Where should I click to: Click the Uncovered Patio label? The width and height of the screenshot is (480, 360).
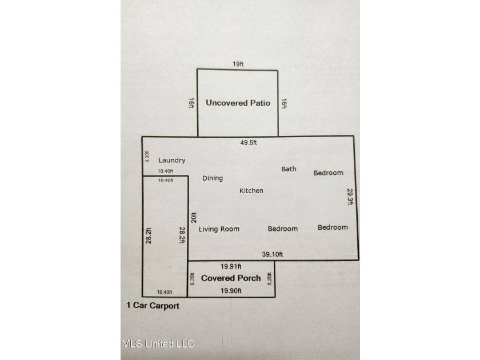[x=238, y=103]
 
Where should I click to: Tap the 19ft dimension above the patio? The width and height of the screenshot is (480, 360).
[x=238, y=64]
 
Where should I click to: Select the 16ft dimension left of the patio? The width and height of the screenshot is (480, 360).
[x=191, y=103]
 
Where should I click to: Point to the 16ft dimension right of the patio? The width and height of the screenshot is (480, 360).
[x=284, y=103]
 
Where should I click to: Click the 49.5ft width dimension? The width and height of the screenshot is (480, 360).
[x=248, y=142]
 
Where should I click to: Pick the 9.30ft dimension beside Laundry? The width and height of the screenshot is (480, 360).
[x=147, y=157]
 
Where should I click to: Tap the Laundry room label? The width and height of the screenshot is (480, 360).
[x=172, y=160]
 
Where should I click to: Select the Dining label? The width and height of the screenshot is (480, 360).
[x=213, y=178]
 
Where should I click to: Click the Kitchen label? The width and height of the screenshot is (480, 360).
[x=251, y=191]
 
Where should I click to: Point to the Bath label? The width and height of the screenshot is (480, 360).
[x=289, y=169]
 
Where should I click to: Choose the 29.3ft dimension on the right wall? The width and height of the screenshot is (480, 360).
[x=350, y=197]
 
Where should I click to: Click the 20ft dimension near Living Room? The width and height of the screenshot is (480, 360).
[x=194, y=217]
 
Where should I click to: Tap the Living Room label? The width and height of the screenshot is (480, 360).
[x=219, y=229]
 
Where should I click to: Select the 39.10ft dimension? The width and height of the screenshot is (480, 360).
[x=273, y=254]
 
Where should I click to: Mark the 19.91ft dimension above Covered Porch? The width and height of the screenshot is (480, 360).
[x=231, y=266]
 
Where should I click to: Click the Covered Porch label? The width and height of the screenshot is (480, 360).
[x=231, y=278]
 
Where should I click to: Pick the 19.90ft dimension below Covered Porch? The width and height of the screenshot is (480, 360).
[x=231, y=290]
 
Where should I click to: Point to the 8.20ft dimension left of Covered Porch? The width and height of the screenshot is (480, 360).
[x=192, y=279]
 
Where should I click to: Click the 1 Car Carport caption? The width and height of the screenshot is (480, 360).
[x=153, y=306]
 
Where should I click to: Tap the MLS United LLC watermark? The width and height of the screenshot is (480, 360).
[x=158, y=344]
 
